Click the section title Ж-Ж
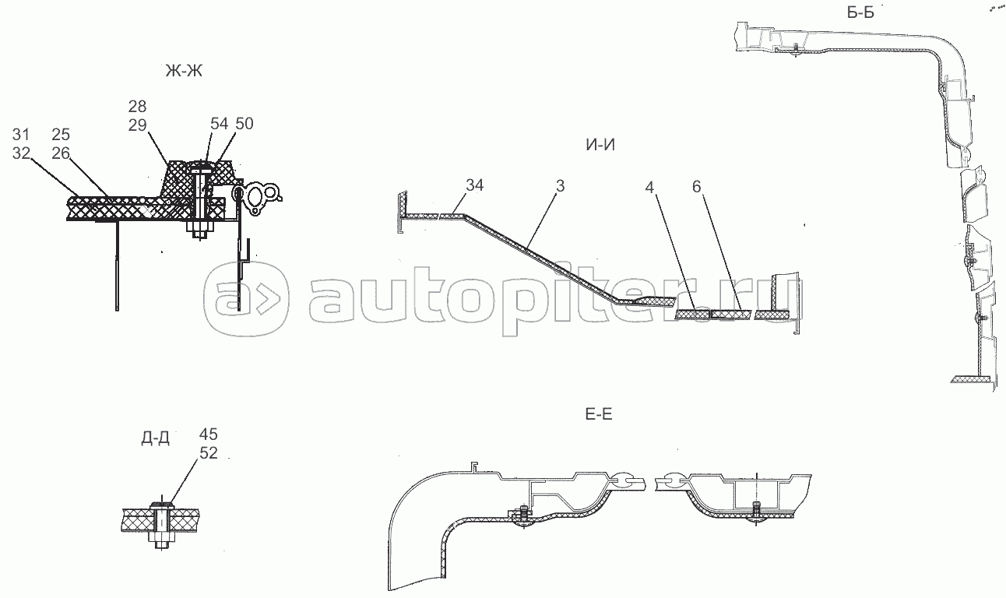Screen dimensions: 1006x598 point(183,72)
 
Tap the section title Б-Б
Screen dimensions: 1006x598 point(867,12)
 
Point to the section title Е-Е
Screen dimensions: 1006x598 point(597,414)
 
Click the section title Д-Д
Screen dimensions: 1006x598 point(155,438)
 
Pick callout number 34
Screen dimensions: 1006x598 point(475,185)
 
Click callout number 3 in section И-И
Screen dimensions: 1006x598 point(561,187)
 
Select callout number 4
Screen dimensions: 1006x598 point(652,187)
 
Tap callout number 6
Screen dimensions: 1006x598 point(698,187)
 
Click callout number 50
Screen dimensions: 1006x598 point(244,124)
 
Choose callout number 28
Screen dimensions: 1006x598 point(138,106)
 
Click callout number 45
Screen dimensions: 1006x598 point(208,434)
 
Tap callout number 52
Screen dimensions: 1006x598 point(208,452)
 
